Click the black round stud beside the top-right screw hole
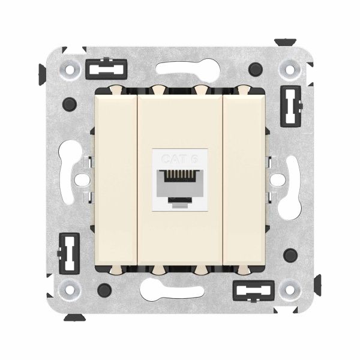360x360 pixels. click(x=258, y=68)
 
